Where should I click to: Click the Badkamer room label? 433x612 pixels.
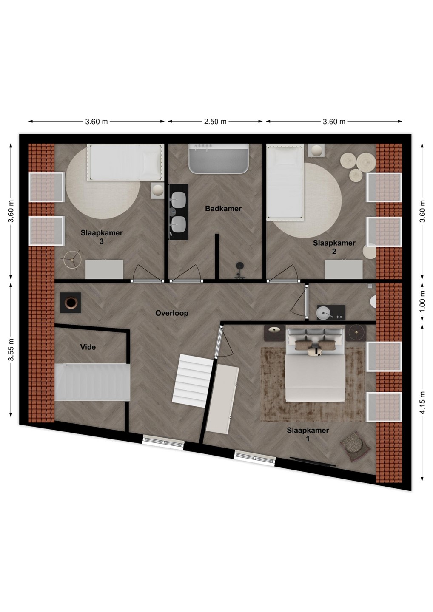point(223,209)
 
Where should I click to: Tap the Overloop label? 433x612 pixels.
point(172,313)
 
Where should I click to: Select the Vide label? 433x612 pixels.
point(88,347)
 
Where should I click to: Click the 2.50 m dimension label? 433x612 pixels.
point(215,122)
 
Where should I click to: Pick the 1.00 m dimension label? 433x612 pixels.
point(423,302)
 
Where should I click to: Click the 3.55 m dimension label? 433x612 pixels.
point(11,349)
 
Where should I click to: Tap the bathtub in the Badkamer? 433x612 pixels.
point(219,159)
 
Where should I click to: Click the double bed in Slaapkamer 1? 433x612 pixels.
point(315,365)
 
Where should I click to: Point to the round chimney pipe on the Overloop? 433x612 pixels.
point(71,303)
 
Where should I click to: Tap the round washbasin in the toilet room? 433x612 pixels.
point(324,312)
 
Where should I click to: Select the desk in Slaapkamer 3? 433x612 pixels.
point(105,269)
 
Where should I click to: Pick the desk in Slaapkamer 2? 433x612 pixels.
point(344,269)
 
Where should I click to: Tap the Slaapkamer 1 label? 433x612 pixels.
point(308,434)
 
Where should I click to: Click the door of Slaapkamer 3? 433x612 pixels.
point(147,280)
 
